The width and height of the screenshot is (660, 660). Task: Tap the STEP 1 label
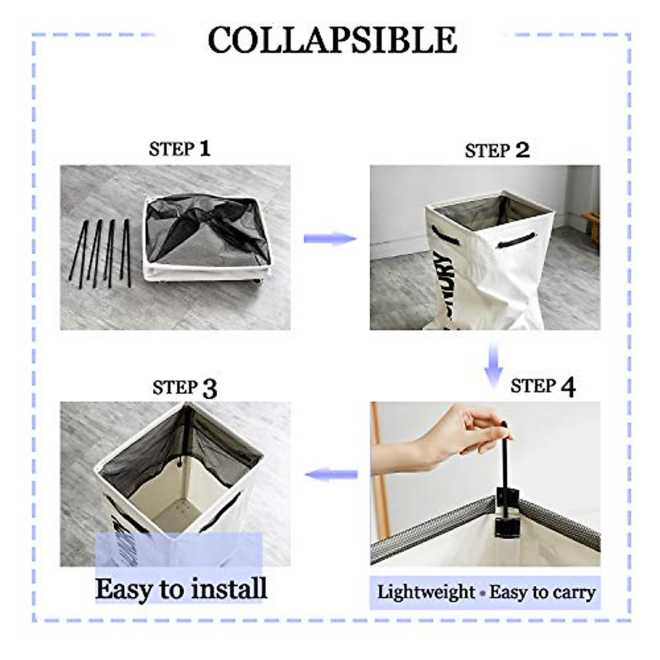[x=179, y=148]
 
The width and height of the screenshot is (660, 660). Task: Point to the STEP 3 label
[x=185, y=388]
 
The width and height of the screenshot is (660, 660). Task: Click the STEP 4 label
[x=542, y=387]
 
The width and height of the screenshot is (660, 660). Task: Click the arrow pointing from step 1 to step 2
[x=330, y=238]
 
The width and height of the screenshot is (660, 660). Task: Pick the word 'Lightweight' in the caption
[x=426, y=592]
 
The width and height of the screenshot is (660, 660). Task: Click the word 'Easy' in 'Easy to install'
[x=124, y=588]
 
